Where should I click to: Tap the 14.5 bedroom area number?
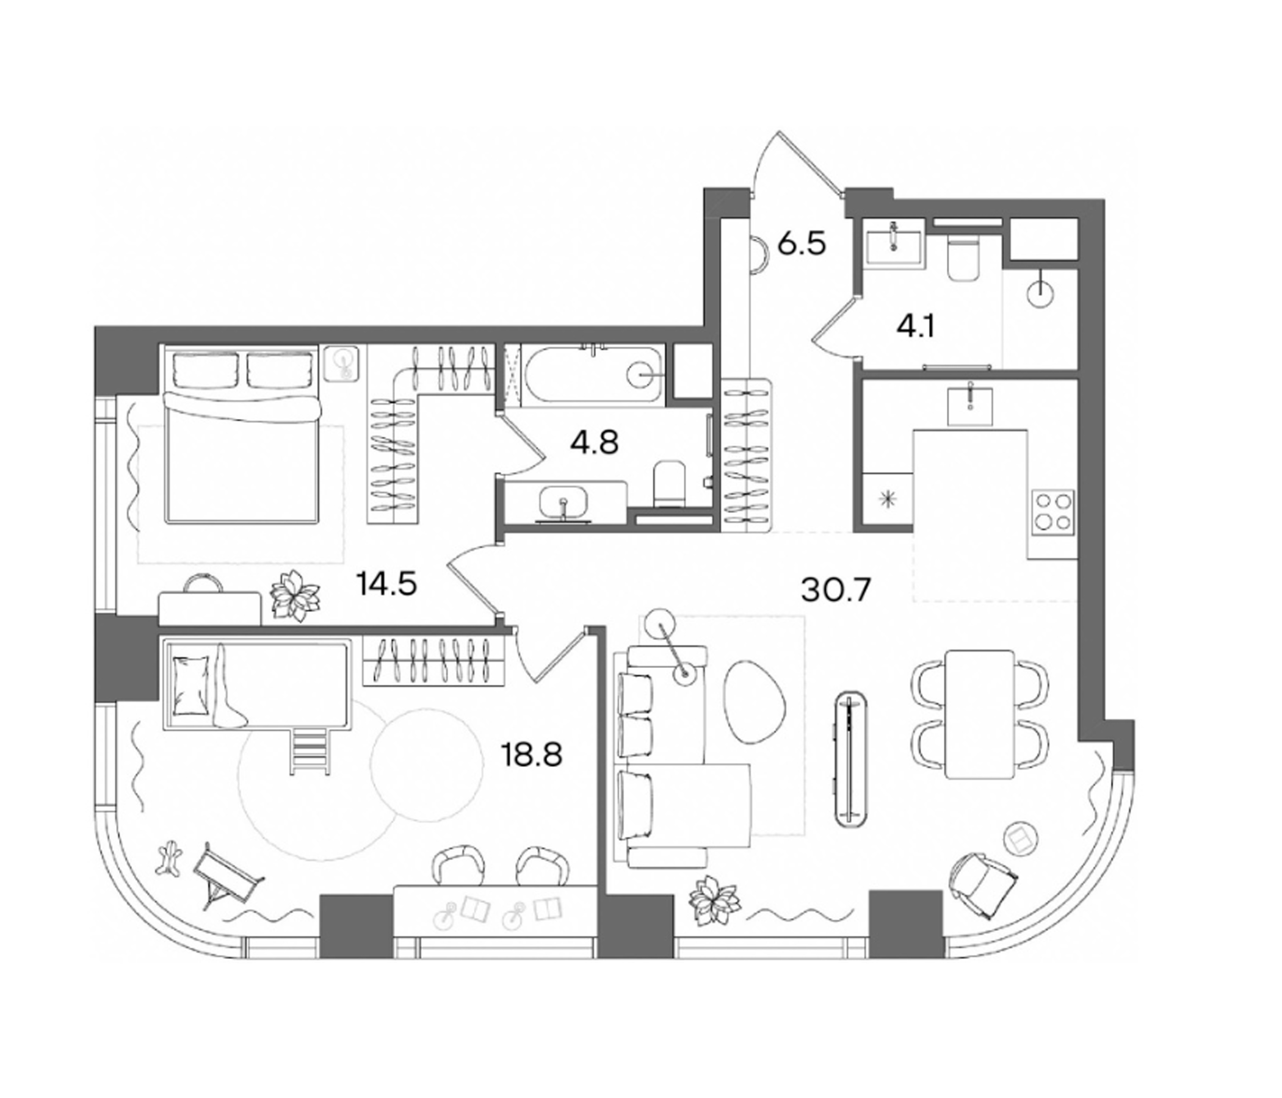point(387,584)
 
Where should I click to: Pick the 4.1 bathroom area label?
point(916,326)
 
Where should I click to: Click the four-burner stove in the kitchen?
point(1053,511)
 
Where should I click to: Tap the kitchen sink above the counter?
point(970,404)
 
